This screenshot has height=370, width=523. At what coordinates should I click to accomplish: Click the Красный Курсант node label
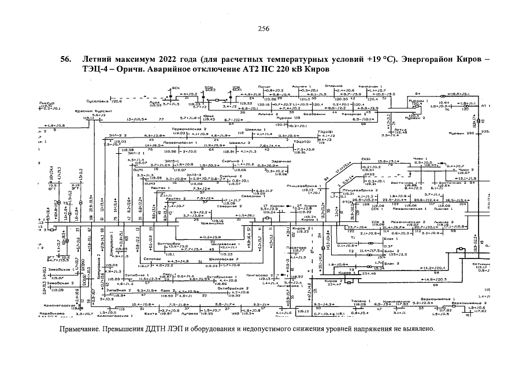point(86,110)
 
